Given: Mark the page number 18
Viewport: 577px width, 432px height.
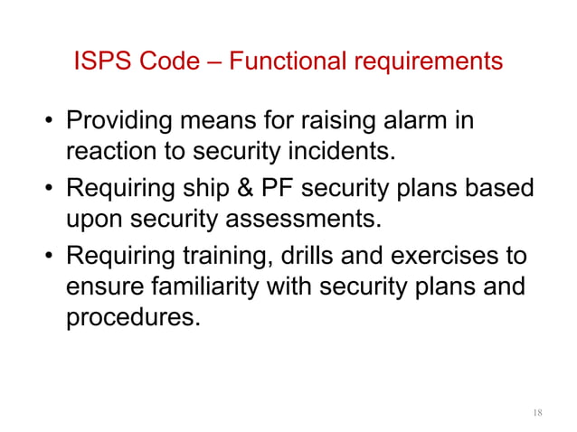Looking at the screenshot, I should (x=536, y=413).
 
